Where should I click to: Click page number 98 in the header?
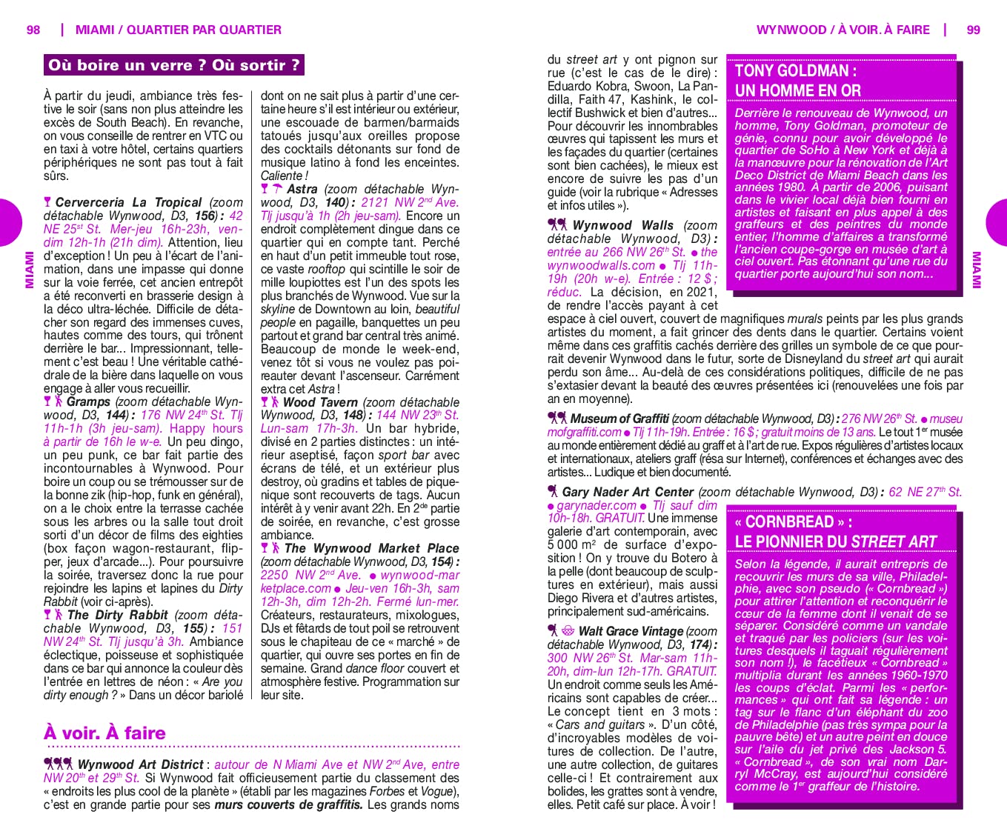(33, 30)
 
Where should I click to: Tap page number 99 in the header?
(973, 30)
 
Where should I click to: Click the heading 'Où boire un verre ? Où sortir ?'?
(174, 65)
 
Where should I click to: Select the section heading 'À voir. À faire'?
(104, 733)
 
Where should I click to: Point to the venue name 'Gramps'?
(88, 401)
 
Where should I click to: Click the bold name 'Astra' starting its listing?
(302, 189)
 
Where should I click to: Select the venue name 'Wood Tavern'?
(320, 402)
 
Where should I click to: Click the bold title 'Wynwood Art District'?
(140, 764)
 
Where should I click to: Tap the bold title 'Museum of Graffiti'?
(619, 419)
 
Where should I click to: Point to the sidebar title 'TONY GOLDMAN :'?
(796, 71)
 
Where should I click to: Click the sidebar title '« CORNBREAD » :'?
(793, 521)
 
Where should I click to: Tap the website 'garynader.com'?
(596, 505)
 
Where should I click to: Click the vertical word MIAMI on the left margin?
(30, 270)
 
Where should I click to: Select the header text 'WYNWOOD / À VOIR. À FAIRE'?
(843, 30)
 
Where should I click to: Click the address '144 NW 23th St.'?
(417, 416)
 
